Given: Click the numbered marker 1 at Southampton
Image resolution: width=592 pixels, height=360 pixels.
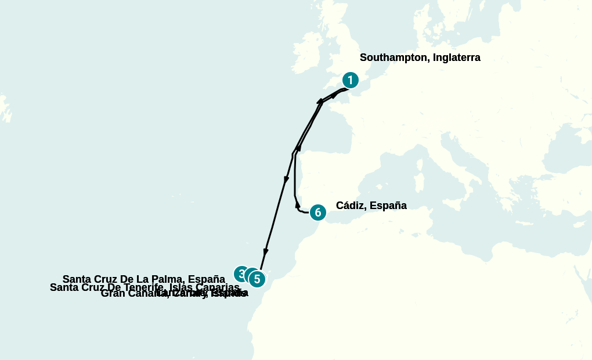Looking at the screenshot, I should click(350, 80).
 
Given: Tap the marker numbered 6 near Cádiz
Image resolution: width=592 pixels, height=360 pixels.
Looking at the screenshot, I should click(317, 213).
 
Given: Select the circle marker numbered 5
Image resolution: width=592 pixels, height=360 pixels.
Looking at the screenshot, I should click(257, 279).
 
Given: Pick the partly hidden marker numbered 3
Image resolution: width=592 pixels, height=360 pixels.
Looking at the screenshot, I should click(240, 273).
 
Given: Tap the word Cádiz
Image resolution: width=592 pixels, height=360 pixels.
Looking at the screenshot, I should click(350, 206).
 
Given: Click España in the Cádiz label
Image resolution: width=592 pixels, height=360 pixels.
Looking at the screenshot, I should click(388, 206).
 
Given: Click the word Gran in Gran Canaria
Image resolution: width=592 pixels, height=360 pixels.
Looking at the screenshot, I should click(111, 293).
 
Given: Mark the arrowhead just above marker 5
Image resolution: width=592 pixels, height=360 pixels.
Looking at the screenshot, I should click(265, 253).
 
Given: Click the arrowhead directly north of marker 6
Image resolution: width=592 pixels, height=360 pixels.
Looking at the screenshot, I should click(297, 204).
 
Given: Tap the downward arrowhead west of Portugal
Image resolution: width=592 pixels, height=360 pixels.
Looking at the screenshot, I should click(286, 180).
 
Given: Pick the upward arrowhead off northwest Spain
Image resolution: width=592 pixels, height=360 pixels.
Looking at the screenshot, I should click(299, 148).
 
